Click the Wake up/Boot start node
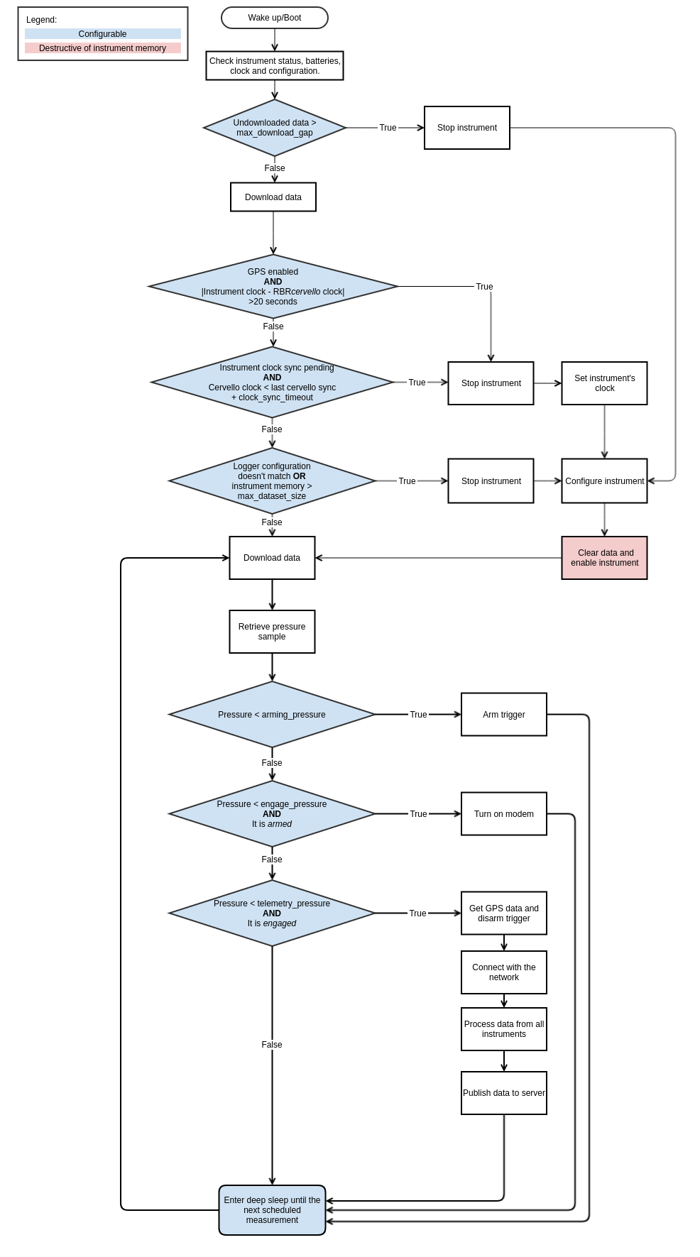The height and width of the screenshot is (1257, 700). point(275,18)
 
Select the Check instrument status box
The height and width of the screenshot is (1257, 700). point(275,66)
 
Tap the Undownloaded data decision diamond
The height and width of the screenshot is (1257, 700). point(275,128)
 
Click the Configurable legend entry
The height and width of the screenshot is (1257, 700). point(103,34)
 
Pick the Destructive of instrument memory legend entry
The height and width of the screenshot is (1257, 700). point(103,48)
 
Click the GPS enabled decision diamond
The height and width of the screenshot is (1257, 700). point(273,287)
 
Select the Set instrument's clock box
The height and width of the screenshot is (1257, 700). point(604,383)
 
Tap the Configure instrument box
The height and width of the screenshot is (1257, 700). point(604,481)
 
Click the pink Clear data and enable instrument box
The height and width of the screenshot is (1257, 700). point(604,558)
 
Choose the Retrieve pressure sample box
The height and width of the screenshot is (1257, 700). point(272,632)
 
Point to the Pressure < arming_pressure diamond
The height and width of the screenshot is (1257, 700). point(272,715)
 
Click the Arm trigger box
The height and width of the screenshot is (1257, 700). point(504,715)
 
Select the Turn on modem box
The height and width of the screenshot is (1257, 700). point(504,814)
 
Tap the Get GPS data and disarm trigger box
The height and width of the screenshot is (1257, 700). point(504,913)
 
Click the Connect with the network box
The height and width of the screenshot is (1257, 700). point(504,972)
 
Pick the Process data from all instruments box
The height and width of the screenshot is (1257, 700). point(504,1029)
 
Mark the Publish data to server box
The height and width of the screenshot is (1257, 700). point(504,1093)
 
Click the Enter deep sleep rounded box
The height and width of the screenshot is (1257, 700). point(272,1210)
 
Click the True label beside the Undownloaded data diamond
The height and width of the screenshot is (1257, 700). point(388,128)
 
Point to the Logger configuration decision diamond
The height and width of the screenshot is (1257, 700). point(272,481)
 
